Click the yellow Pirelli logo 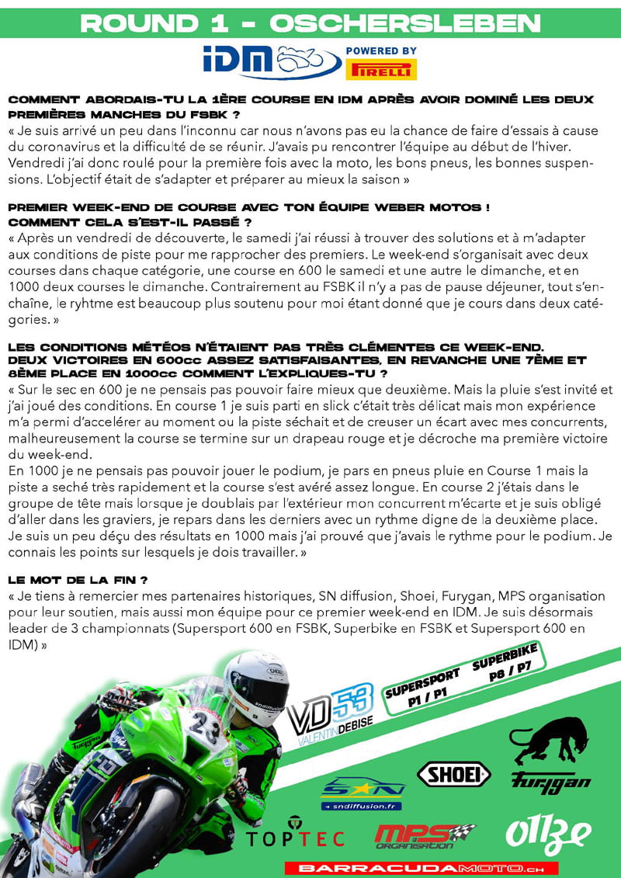(383, 69)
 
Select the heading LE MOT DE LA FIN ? (78, 580)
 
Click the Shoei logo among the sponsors (454, 774)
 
